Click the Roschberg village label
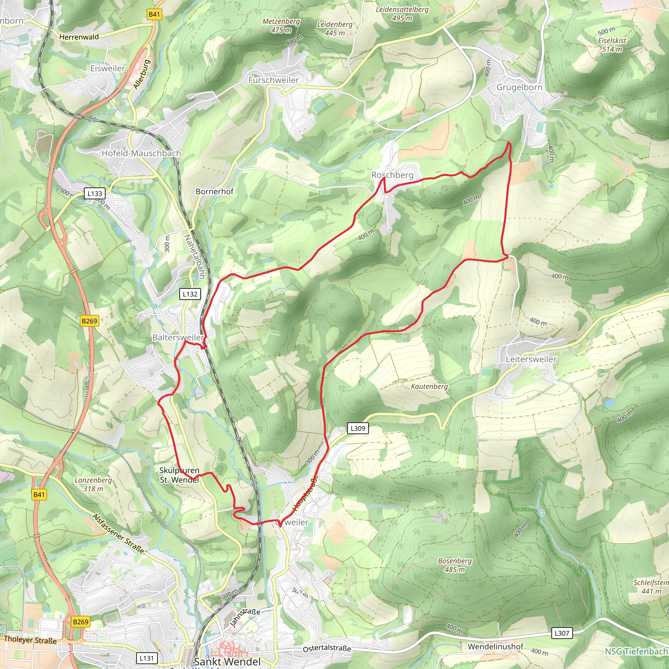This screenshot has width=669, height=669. click(392, 175)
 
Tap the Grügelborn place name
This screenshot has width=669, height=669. click(519, 87)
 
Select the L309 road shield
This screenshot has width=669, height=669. click(358, 428)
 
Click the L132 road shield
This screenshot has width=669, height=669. click(190, 294)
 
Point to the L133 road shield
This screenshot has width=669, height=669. click(94, 194)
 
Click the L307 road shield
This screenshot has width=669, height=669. click(562, 633)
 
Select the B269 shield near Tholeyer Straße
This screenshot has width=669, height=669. click(81, 622)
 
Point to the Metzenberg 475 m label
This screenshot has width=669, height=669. click(281, 25)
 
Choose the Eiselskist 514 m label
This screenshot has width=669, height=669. click(612, 45)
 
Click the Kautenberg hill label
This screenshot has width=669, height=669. click(429, 386)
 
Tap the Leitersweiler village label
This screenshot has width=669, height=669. click(531, 359)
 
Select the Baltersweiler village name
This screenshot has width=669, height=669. click(178, 337)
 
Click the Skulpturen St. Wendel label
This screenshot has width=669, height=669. click(179, 475)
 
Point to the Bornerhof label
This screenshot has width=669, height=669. click(214, 191)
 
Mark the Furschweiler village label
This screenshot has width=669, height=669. click(273, 80)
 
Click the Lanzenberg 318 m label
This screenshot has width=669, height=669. click(93, 484)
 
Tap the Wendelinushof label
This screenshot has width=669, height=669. click(495, 646)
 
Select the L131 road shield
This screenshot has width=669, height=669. click(146, 658)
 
